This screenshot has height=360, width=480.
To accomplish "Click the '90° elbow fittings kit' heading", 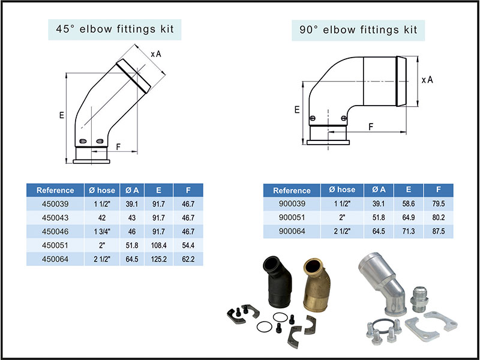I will [358, 29].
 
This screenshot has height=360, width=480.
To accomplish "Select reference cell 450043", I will [55, 218].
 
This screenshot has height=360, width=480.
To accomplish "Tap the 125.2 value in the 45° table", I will [158, 259].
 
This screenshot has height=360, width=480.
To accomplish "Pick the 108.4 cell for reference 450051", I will [158, 245].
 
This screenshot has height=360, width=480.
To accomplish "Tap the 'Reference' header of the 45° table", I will [55, 190].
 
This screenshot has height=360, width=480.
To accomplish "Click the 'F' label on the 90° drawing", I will [370, 127].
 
